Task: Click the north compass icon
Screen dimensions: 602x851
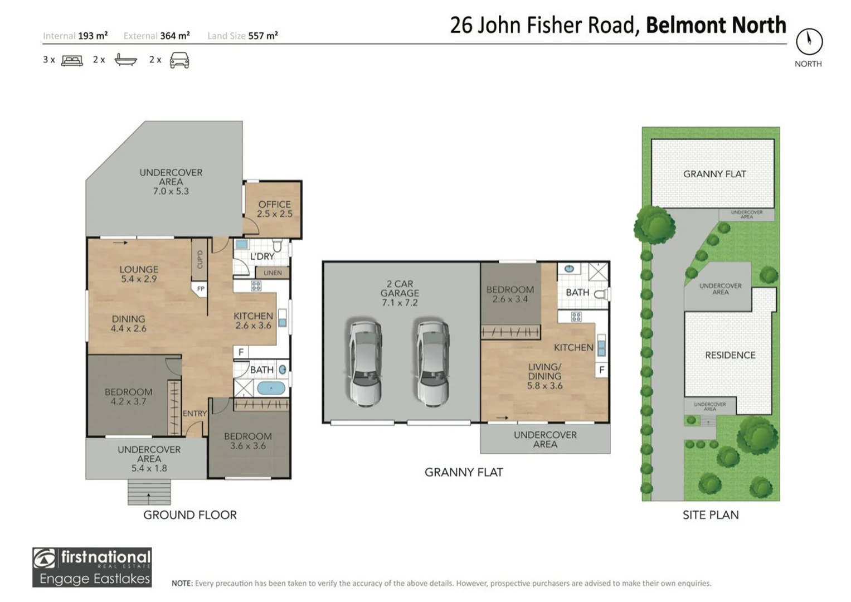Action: click(x=809, y=41)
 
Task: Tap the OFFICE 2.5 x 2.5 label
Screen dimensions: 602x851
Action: click(x=274, y=209)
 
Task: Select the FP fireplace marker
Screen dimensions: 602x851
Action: click(x=201, y=289)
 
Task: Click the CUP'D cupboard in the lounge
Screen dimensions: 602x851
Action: click(x=200, y=259)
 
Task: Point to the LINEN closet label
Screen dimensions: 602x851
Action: click(x=273, y=273)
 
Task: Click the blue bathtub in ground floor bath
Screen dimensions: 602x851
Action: click(x=271, y=388)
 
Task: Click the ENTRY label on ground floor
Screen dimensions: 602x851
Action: click(x=194, y=414)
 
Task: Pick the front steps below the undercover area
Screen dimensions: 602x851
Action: click(x=149, y=492)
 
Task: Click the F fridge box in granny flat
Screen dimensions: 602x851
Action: click(x=601, y=370)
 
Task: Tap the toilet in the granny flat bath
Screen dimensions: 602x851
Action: click(x=601, y=294)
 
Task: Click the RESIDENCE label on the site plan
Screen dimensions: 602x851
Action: click(x=730, y=355)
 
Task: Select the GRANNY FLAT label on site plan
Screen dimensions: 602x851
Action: click(x=714, y=174)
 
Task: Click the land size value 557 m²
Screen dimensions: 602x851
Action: click(x=262, y=36)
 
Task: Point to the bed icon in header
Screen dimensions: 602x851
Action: click(x=72, y=60)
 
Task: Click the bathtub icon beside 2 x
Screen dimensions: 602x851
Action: click(x=125, y=60)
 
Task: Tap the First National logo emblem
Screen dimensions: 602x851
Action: click(x=45, y=558)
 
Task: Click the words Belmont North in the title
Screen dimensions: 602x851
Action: click(x=716, y=25)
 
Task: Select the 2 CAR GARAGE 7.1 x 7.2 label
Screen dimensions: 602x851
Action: click(x=400, y=293)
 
